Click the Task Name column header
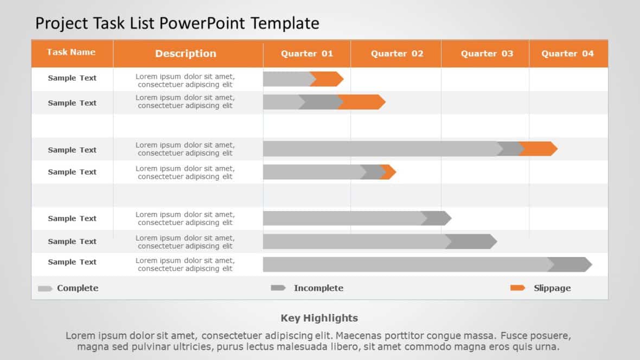pyautogui.click(x=71, y=52)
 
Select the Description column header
pyautogui.click(x=185, y=53)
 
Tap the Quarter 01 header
pyautogui.click(x=307, y=53)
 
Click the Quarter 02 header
pyautogui.click(x=397, y=53)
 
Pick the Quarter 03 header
pyautogui.click(x=487, y=53)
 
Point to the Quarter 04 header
pyautogui.click(x=567, y=53)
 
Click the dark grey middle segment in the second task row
pyautogui.click(x=320, y=102)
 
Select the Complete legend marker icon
pyautogui.click(x=45, y=288)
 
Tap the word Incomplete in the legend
pyautogui.click(x=318, y=288)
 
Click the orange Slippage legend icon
pyautogui.click(x=517, y=288)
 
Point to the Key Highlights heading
pyautogui.click(x=319, y=318)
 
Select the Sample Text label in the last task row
pyautogui.click(x=72, y=262)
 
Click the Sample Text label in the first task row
pyautogui.click(x=72, y=78)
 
